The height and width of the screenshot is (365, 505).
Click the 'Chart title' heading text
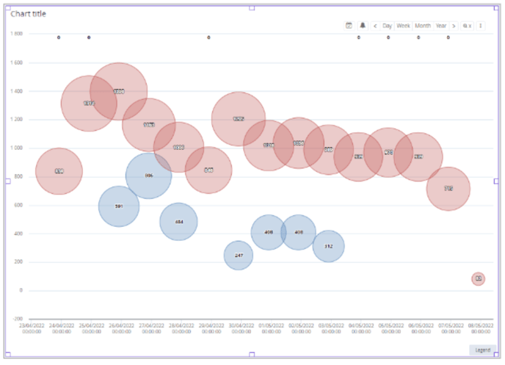click(x=30, y=13)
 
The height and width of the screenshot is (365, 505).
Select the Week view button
click(x=404, y=26)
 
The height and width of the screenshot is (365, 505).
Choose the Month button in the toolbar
click(x=423, y=26)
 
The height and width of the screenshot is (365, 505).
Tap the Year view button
click(x=441, y=26)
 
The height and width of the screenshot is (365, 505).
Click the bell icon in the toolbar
click(x=363, y=26)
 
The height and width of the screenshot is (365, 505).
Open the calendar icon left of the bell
click(x=349, y=26)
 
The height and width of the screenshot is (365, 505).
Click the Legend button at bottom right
click(x=482, y=350)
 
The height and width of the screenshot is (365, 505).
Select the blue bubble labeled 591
click(x=119, y=206)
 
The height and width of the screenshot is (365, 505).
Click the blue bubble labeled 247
click(x=239, y=256)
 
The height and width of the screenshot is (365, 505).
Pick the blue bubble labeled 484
click(x=179, y=221)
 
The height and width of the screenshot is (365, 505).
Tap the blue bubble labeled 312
click(x=328, y=246)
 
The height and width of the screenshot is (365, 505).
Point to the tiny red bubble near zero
click(x=478, y=278)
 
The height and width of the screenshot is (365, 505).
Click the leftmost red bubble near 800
click(x=59, y=171)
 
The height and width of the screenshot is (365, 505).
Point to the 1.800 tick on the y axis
click(x=16, y=34)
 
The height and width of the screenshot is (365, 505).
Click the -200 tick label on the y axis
click(x=17, y=319)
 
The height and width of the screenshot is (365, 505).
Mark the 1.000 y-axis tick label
click(x=16, y=148)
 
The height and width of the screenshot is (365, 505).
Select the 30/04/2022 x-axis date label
click(x=241, y=328)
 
